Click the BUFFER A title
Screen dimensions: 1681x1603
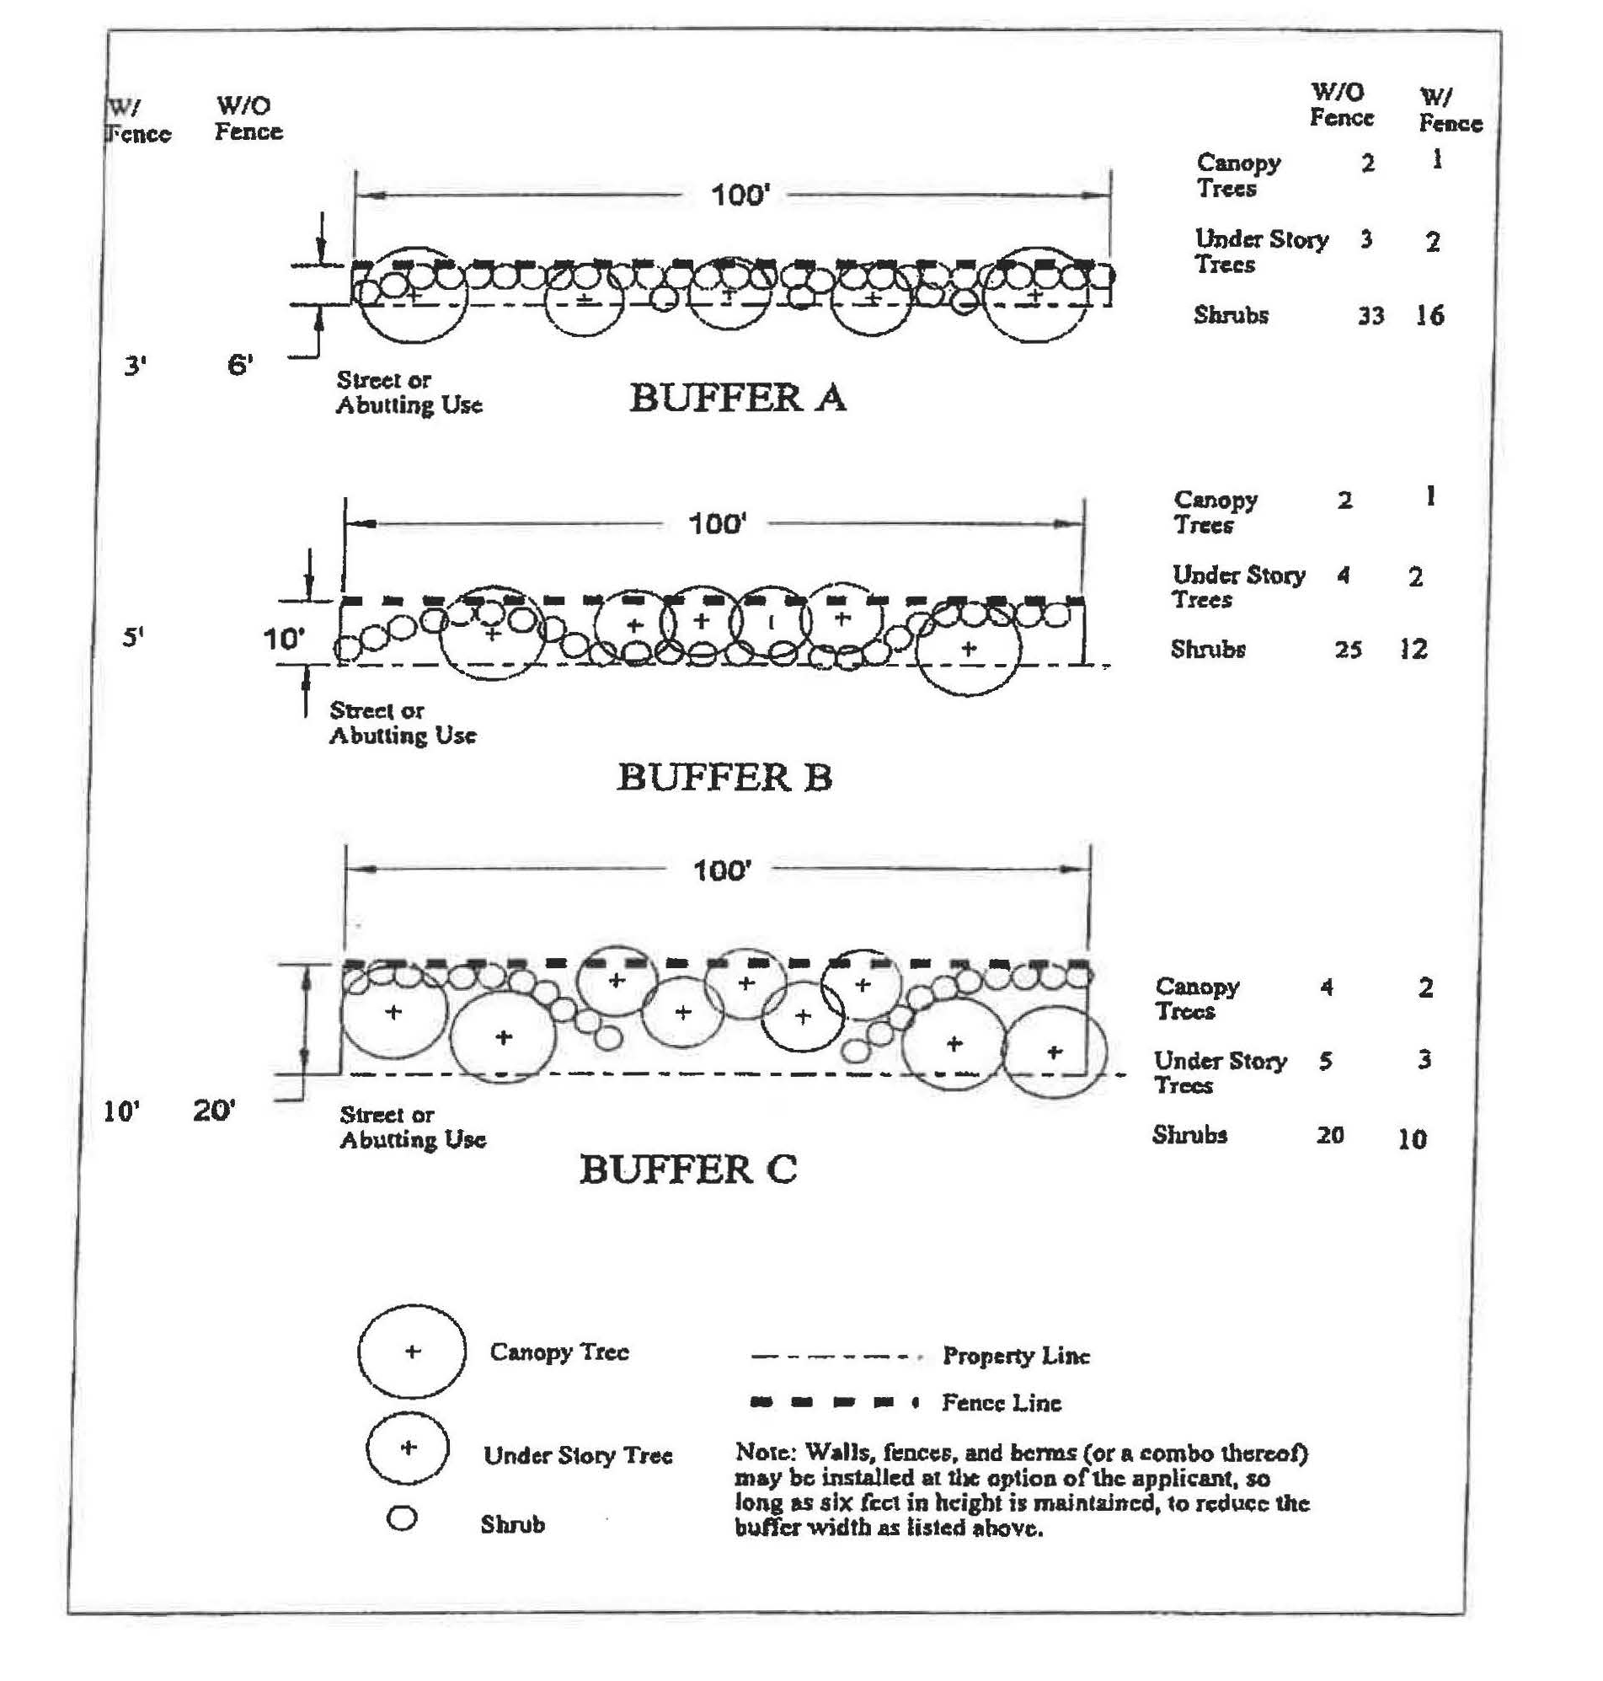pyautogui.click(x=737, y=399)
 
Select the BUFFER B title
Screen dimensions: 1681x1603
pyautogui.click(x=724, y=778)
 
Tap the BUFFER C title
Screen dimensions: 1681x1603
pyautogui.click(x=688, y=1169)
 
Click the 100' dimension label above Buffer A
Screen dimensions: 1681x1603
pyautogui.click(x=740, y=195)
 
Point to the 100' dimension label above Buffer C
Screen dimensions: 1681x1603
pyautogui.click(x=721, y=871)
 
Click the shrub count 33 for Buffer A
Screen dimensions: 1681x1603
pyautogui.click(x=1371, y=316)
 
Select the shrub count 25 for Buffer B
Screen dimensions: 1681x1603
pyautogui.click(x=1348, y=650)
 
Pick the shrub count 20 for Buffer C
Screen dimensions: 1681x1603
pyautogui.click(x=1329, y=1135)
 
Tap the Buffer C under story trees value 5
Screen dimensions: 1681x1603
pyautogui.click(x=1325, y=1062)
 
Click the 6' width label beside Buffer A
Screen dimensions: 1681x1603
pyautogui.click(x=240, y=366)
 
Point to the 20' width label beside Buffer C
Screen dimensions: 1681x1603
pyautogui.click(x=214, y=1111)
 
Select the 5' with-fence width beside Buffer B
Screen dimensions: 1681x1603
pyautogui.click(x=132, y=637)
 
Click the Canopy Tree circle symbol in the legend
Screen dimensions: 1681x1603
pyautogui.click(x=412, y=1352)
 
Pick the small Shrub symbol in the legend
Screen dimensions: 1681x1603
pyautogui.click(x=402, y=1518)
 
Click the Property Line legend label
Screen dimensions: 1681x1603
pyautogui.click(x=1016, y=1357)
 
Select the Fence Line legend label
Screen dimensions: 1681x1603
pyautogui.click(x=1001, y=1402)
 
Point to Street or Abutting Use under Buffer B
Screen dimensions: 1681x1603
pyautogui.click(x=403, y=723)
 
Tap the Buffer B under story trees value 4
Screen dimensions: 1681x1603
pyautogui.click(x=1344, y=576)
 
